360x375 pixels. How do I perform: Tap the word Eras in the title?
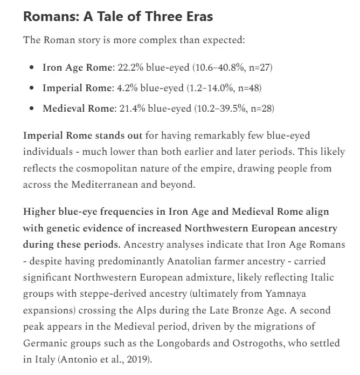pyautogui.click(x=197, y=17)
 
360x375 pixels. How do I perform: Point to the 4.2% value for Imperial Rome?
pyautogui.click(x=126, y=87)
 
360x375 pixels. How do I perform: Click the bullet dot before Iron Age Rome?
pyautogui.click(x=33, y=68)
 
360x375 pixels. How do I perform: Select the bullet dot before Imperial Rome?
pyautogui.click(x=33, y=88)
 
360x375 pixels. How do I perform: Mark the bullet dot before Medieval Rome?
pyautogui.click(x=33, y=108)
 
